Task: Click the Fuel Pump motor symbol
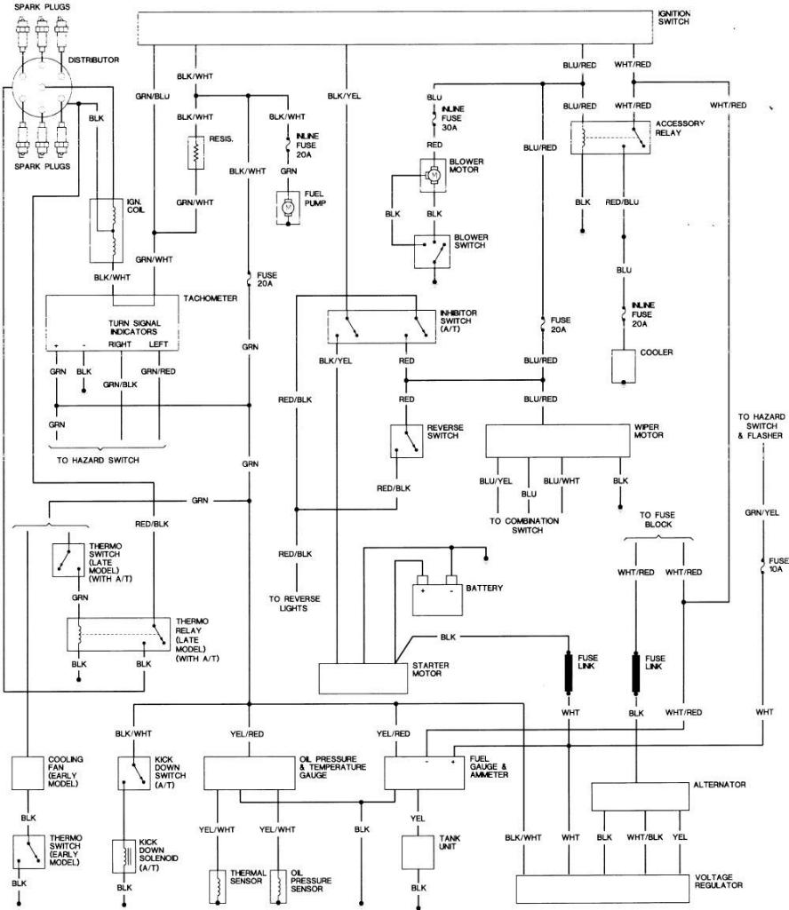pyautogui.click(x=288, y=207)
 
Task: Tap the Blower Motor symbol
pyautogui.click(x=433, y=175)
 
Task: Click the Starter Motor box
pyautogui.click(x=363, y=678)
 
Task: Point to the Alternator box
pyautogui.click(x=640, y=797)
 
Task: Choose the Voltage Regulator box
pyautogui.click(x=602, y=889)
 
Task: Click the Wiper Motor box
pyautogui.click(x=558, y=441)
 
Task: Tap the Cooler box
pyautogui.click(x=624, y=366)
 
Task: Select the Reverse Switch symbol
pyautogui.click(x=407, y=441)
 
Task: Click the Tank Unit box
pyautogui.click(x=418, y=852)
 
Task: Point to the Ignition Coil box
pyautogui.click(x=107, y=231)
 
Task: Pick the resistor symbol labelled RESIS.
pyautogui.click(x=195, y=154)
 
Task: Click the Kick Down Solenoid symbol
pyautogui.click(x=124, y=856)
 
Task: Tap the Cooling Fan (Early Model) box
pyautogui.click(x=28, y=772)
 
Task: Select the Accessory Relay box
pyautogui.click(x=610, y=138)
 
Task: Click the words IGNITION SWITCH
pyautogui.click(x=673, y=17)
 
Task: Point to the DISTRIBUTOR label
pyautogui.click(x=93, y=59)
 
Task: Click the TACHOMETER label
pyautogui.click(x=211, y=298)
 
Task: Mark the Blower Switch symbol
pyautogui.click(x=432, y=251)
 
